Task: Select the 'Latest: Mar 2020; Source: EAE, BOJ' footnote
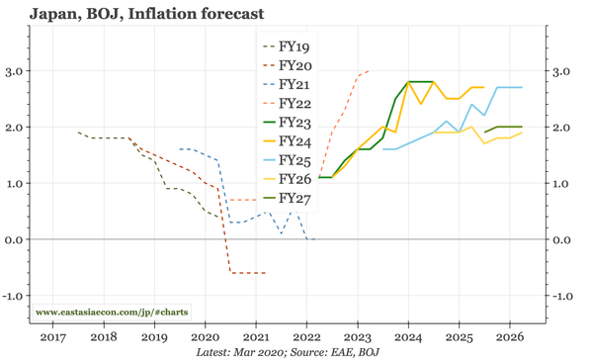tap(288, 351)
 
